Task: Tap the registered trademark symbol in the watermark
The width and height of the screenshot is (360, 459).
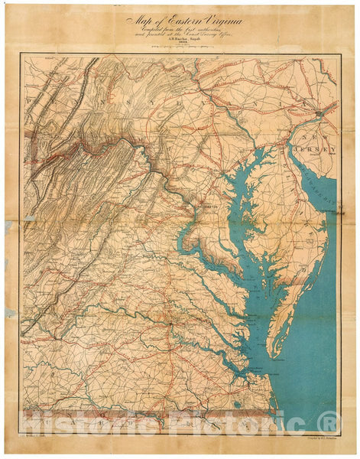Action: click(329, 422)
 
